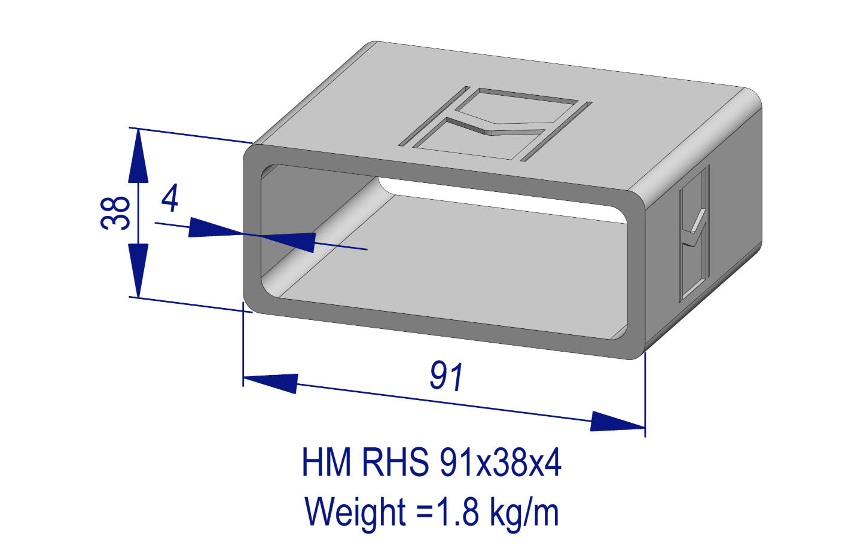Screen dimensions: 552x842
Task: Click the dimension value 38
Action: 115,212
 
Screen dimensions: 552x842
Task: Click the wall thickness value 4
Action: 170,199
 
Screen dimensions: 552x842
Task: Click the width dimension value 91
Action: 447,377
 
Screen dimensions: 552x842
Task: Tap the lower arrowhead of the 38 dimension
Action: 138,269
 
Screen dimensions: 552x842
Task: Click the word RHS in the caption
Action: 395,462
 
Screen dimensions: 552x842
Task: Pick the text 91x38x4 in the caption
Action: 501,462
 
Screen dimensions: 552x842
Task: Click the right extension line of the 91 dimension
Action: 645,395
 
